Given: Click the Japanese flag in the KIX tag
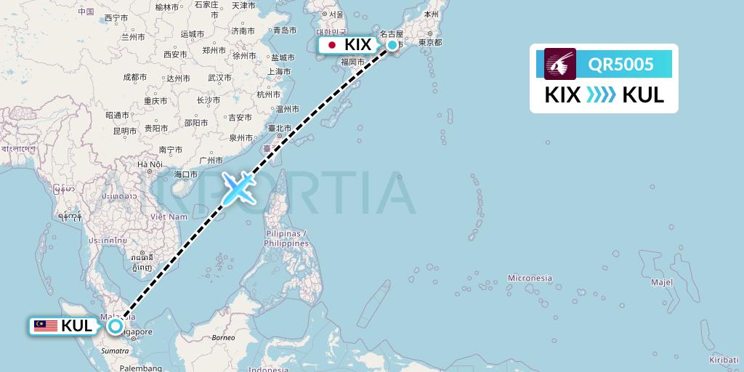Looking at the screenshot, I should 332,45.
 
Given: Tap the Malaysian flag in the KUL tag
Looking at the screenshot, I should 46,326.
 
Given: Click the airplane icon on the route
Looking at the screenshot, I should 238,188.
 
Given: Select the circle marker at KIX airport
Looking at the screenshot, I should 392,45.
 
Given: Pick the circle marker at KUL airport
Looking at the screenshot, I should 115,326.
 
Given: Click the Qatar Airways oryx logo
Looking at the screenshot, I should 560,64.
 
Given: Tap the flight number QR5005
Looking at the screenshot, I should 620,65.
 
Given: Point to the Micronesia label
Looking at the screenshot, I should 530,278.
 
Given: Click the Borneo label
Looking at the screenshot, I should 224,338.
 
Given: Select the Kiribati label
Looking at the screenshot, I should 724,360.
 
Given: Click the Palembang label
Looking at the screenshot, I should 142,368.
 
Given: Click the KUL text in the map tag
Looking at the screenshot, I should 77,326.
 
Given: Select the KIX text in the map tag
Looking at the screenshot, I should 358,45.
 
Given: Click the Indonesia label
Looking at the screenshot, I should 268,369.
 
